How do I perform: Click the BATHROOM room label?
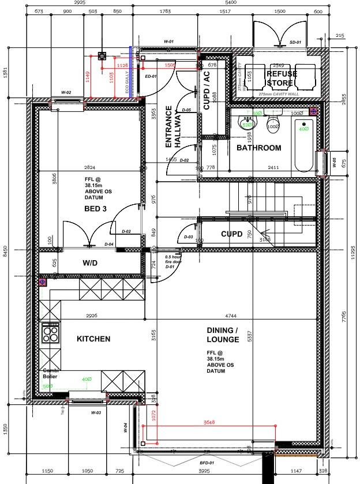click(259, 148)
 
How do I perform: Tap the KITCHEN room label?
click(93, 339)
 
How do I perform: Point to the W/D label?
click(91, 264)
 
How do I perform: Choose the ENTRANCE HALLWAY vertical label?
click(174, 127)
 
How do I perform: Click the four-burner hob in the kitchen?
click(50, 333)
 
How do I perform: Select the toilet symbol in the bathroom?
click(273, 123)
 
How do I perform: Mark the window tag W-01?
click(168, 42)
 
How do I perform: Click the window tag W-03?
click(96, 413)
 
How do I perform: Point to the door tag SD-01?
click(295, 42)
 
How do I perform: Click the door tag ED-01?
click(151, 76)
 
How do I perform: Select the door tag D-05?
click(186, 110)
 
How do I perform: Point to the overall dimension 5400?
click(230, 3)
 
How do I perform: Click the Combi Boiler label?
click(52, 373)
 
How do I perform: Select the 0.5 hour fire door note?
click(173, 261)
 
